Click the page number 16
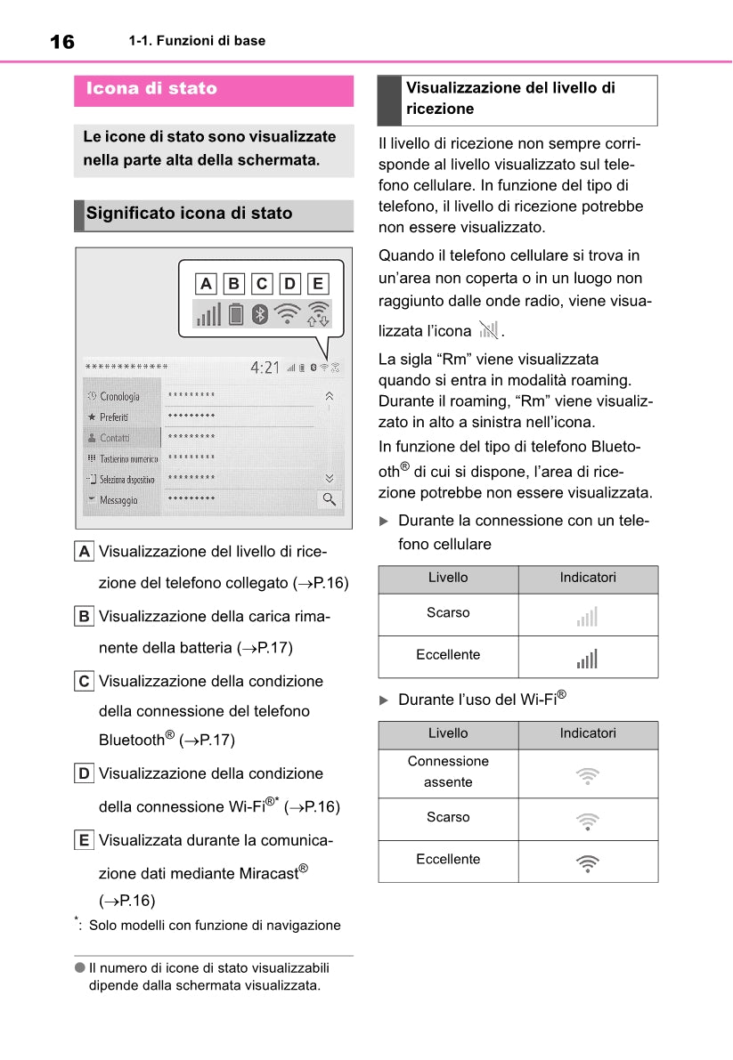click(x=62, y=42)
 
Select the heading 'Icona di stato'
click(x=151, y=89)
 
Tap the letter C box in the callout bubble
click(x=262, y=284)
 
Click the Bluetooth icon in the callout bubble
click(x=259, y=314)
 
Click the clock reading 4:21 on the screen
click(x=265, y=368)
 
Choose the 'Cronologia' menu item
click(x=119, y=396)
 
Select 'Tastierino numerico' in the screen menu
click(x=128, y=458)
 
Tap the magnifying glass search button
click(x=330, y=499)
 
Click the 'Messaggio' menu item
click(x=118, y=500)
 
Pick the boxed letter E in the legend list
click(x=84, y=840)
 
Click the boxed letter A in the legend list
click(x=84, y=552)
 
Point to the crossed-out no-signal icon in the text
click(x=488, y=331)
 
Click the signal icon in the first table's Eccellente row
click(x=588, y=658)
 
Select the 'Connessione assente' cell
click(x=448, y=772)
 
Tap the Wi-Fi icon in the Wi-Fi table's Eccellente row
click(x=588, y=862)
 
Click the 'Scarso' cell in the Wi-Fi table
click(x=448, y=817)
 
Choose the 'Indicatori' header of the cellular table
click(x=588, y=578)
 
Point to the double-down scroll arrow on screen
click(x=330, y=477)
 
